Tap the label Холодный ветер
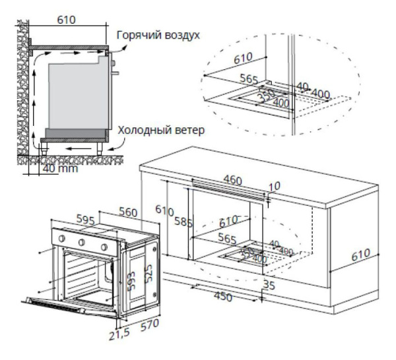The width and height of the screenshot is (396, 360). pyautogui.click(x=162, y=131)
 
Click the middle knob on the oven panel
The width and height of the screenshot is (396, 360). pyautogui.click(x=83, y=242)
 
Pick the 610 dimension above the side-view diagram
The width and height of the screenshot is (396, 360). pyautogui.click(x=66, y=20)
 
